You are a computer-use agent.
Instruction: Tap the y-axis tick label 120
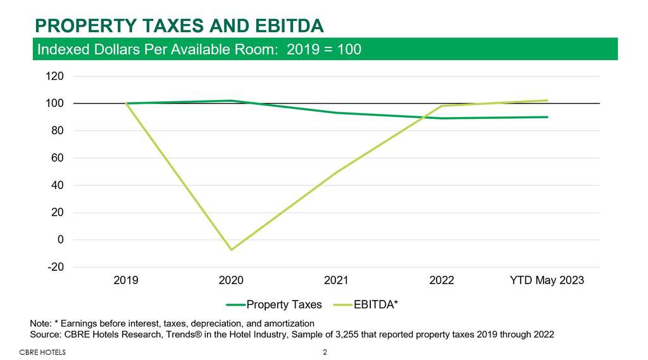click(55, 77)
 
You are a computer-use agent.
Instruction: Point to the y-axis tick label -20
click(55, 267)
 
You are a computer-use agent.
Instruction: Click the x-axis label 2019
click(126, 280)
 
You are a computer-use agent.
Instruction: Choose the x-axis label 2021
click(336, 280)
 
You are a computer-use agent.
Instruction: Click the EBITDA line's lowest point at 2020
click(231, 249)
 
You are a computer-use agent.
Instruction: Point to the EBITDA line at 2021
click(336, 173)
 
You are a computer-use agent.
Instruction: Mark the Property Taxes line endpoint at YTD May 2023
click(547, 117)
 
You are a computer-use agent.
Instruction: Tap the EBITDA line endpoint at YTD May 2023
click(547, 101)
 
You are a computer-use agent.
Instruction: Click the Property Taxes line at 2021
click(336, 113)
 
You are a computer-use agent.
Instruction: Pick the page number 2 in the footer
click(325, 352)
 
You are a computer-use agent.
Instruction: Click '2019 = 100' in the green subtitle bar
click(324, 49)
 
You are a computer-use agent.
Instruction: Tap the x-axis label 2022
click(441, 280)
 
